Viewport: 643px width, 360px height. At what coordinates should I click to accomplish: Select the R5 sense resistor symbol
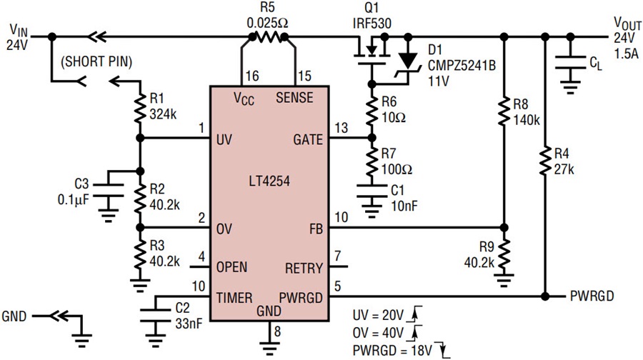click(x=268, y=35)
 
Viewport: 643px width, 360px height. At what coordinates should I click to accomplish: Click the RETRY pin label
click(x=304, y=269)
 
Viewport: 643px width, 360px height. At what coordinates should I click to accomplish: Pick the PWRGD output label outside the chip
click(x=594, y=296)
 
